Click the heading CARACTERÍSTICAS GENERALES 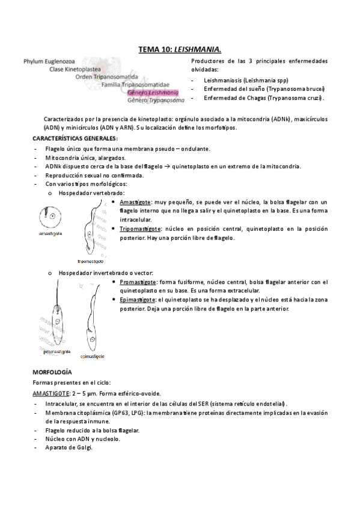pos(75,138)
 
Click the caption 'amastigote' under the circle pos(52,232)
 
